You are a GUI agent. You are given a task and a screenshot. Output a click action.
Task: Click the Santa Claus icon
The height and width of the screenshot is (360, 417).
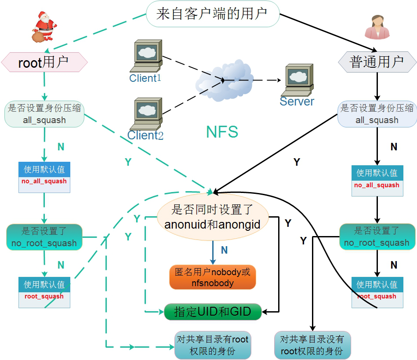pyautogui.click(x=44, y=27)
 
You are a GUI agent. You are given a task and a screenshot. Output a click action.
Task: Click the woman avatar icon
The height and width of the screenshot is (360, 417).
pyautogui.click(x=377, y=27)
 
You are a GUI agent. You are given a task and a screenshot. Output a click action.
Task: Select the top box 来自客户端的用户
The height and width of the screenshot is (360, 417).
pyautogui.click(x=213, y=14)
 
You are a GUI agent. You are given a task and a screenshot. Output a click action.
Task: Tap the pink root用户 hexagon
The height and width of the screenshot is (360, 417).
pyautogui.click(x=44, y=62)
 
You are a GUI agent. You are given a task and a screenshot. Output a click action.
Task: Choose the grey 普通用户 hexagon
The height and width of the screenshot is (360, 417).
pyautogui.click(x=377, y=62)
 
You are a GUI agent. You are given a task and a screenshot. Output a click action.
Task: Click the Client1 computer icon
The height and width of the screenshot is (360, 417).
pyautogui.click(x=146, y=56)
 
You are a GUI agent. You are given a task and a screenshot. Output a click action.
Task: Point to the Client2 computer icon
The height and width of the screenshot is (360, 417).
pyautogui.click(x=146, y=114)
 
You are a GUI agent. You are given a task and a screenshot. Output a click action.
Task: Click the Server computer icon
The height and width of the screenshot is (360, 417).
pyautogui.click(x=297, y=80)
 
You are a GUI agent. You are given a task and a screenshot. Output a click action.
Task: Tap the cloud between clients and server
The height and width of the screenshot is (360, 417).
pyautogui.click(x=224, y=80)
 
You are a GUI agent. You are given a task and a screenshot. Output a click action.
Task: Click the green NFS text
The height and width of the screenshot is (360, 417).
pyautogui.click(x=222, y=132)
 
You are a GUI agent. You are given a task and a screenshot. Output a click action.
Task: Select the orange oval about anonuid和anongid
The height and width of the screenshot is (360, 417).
pyautogui.click(x=213, y=217)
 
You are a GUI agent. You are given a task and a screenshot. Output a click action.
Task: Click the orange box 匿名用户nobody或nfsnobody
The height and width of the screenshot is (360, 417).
pyautogui.click(x=213, y=277)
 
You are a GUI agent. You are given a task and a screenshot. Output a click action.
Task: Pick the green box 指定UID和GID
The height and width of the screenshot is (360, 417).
pyautogui.click(x=213, y=312)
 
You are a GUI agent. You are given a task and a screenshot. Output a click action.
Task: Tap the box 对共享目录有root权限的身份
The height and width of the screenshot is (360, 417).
pyautogui.click(x=213, y=345)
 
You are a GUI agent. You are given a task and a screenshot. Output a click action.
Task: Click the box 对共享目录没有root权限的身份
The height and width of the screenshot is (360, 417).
pyautogui.click(x=312, y=345)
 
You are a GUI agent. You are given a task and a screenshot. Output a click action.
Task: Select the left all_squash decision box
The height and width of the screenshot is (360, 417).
pyautogui.click(x=44, y=114)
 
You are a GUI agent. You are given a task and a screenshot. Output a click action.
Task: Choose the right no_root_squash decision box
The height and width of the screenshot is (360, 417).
pyautogui.click(x=377, y=236)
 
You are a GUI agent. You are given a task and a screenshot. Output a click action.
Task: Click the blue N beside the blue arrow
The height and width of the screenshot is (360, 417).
pyautogui.click(x=224, y=250)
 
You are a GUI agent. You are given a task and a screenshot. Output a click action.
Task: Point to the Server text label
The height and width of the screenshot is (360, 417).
pyautogui.click(x=297, y=102)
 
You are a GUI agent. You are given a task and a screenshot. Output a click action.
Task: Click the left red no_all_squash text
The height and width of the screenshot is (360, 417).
pyautogui.click(x=44, y=181)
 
